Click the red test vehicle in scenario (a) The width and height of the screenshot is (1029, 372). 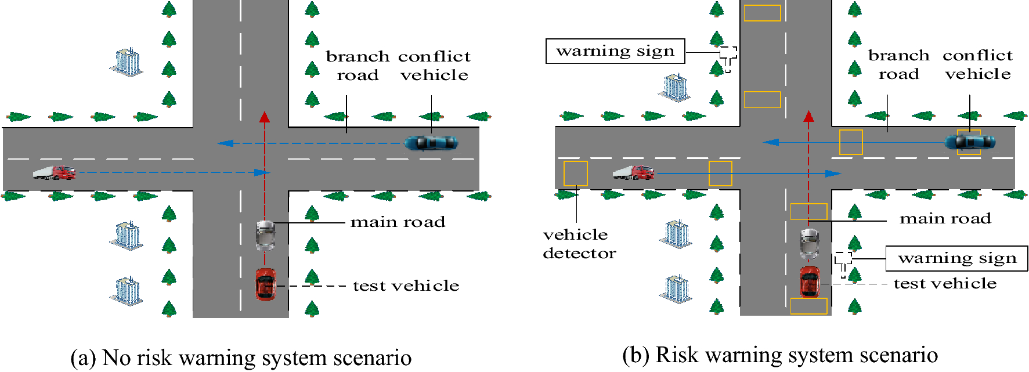tap(266, 284)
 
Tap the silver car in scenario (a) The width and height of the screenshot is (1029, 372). tap(265, 234)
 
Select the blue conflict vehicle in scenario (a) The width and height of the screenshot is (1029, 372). tap(431, 143)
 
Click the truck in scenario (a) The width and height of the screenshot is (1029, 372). tap(54, 172)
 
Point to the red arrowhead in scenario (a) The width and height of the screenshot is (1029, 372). tap(265, 117)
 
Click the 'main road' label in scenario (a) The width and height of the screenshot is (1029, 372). tap(398, 222)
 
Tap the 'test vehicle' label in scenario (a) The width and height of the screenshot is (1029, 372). tap(406, 286)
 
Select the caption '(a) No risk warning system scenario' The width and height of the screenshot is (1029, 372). tap(241, 357)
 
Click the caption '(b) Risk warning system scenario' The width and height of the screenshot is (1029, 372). tap(779, 355)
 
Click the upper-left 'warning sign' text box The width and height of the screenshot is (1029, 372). tap(615, 51)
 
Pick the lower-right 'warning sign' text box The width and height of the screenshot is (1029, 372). tap(956, 258)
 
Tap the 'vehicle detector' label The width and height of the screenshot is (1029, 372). tap(579, 244)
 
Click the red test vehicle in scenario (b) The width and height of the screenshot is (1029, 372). tap(810, 281)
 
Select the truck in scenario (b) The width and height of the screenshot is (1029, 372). tap(633, 172)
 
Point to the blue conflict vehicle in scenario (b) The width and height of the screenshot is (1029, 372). tap(969, 142)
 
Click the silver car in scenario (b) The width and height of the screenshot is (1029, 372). tap(810, 243)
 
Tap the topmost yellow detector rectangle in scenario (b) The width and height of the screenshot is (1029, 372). tap(762, 13)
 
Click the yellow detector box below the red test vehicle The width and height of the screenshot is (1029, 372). tap(808, 306)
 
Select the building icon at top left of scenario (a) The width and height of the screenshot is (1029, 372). tap(127, 62)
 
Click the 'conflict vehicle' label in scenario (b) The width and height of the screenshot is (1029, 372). tap(977, 64)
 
